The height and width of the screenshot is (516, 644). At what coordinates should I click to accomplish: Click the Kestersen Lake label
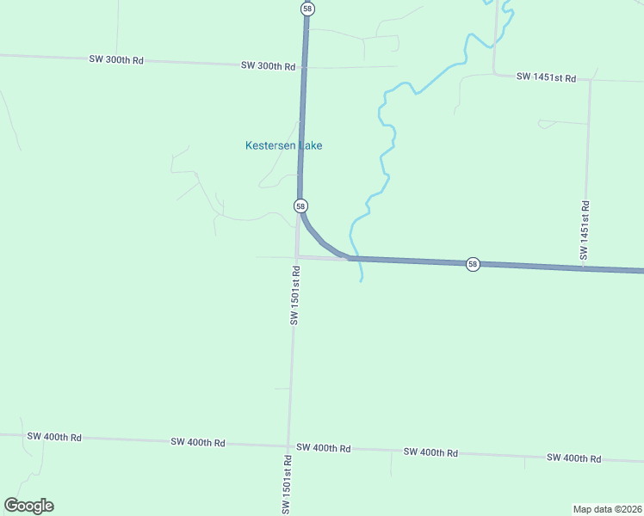[x=283, y=145]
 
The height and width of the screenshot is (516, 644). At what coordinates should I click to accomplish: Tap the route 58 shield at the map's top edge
[x=307, y=9]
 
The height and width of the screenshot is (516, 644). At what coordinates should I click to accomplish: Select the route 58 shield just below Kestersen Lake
[x=300, y=206]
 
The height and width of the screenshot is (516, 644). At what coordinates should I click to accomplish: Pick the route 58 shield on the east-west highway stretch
[x=473, y=264]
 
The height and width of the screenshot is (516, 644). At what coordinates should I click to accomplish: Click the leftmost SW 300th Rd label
[x=116, y=59]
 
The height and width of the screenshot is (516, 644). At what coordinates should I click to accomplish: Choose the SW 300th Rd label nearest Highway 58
[x=268, y=66]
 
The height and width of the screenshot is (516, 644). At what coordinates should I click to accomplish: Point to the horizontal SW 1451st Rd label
[x=546, y=77]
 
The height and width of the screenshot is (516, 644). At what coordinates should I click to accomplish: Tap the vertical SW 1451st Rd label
[x=585, y=230]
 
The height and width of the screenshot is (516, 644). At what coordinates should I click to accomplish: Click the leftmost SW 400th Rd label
[x=54, y=437]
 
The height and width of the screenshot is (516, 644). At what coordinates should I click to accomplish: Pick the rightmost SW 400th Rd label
[x=573, y=458]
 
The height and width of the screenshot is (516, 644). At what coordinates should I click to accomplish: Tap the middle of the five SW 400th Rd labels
[x=323, y=448]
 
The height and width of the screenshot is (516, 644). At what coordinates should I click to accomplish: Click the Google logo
[x=28, y=506]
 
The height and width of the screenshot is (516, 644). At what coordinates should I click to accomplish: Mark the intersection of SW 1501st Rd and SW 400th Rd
[x=288, y=446]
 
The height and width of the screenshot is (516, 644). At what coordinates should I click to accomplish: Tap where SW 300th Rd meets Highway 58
[x=302, y=67]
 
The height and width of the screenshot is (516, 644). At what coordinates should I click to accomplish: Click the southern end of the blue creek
[x=362, y=281]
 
